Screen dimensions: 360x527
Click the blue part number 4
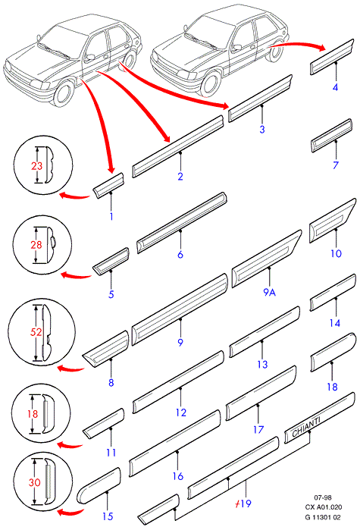(x=335, y=88)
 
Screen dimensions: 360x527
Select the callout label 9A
(x=269, y=293)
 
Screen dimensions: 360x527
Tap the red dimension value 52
(x=36, y=332)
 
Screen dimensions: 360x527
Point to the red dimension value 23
(x=36, y=166)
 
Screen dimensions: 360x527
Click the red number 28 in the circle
(x=36, y=245)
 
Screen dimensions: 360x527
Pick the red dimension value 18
(x=33, y=413)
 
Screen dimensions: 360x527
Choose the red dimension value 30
(x=34, y=482)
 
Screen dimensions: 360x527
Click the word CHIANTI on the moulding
(x=306, y=427)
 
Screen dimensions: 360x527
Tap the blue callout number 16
(x=178, y=476)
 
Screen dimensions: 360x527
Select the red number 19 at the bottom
(x=246, y=503)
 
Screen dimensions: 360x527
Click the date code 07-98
(x=323, y=497)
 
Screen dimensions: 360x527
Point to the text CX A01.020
(x=324, y=507)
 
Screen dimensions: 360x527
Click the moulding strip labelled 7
(x=331, y=136)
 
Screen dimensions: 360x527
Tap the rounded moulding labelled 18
(x=333, y=352)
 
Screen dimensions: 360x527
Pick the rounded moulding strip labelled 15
(x=99, y=485)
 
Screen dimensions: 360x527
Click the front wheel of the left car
(x=64, y=93)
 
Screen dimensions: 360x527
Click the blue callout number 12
(x=180, y=413)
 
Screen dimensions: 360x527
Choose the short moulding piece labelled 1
(x=108, y=185)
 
